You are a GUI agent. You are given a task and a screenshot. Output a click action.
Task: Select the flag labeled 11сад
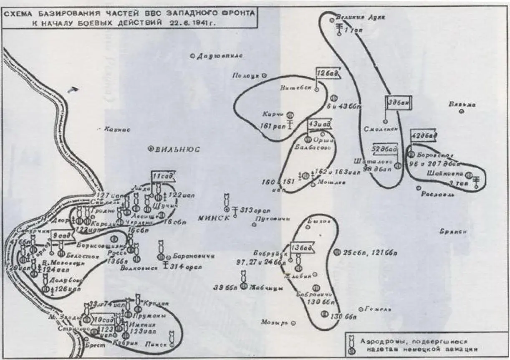coord(162,176)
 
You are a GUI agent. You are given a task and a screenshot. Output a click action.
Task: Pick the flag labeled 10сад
coord(102,319)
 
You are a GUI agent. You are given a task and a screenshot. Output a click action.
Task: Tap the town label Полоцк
coord(246,75)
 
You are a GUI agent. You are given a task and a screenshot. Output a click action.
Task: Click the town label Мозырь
coord(275,322)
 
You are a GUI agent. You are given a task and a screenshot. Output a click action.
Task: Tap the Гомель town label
coord(377,309)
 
